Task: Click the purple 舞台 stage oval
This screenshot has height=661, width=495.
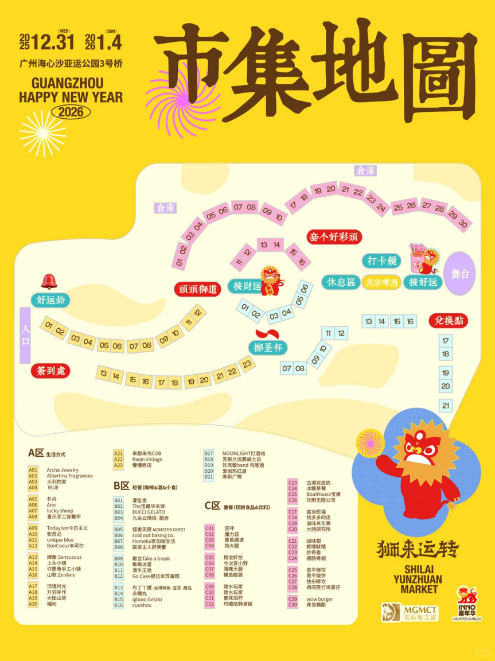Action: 460,274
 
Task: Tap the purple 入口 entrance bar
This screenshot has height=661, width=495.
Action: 25,335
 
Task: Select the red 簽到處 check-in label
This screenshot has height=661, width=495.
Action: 51,371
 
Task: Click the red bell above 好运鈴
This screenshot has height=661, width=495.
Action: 49,281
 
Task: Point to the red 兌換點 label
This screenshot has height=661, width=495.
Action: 448,320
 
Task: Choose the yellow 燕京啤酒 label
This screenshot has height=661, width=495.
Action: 383,282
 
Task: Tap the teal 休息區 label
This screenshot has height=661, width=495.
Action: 341,282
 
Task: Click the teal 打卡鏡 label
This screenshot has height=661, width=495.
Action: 381,260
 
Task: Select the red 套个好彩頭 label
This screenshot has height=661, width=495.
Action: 335,236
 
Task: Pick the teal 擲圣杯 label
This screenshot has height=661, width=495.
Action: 268,347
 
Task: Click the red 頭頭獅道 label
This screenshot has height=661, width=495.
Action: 197,289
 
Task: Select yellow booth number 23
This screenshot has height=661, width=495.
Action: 247,363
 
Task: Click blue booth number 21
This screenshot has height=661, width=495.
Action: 446,406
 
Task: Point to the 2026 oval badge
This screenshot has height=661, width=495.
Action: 71,111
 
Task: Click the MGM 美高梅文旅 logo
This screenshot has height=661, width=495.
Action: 410,612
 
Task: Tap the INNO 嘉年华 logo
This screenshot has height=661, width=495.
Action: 466,602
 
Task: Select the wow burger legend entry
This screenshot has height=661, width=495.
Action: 319,599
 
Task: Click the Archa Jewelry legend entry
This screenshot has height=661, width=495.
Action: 63,470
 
